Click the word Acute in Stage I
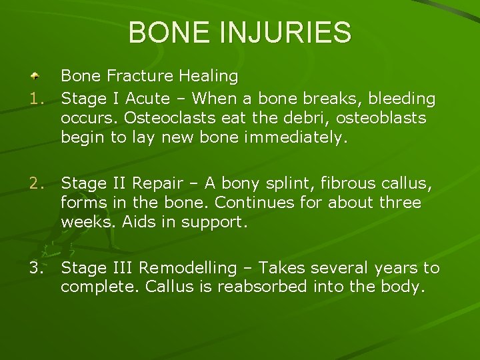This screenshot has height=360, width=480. pyautogui.click(x=147, y=99)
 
